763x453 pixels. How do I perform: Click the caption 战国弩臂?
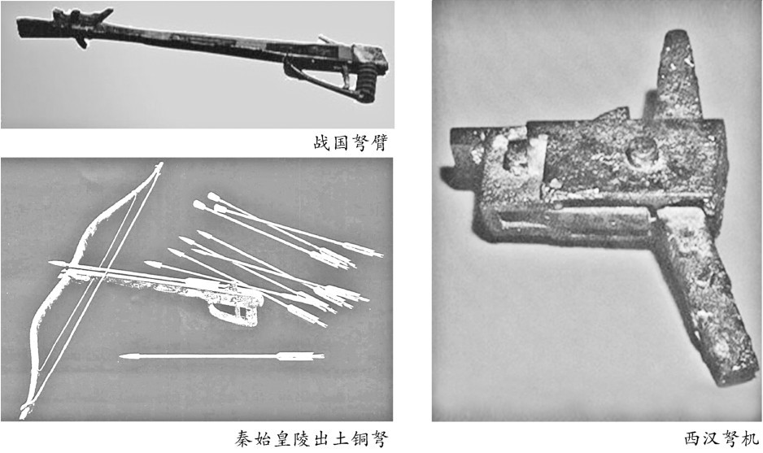[351, 143]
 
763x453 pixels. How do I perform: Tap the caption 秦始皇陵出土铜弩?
[312, 439]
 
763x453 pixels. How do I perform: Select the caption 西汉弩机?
[722, 439]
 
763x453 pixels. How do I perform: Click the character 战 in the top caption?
[321, 143]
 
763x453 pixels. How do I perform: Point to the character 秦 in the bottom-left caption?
[243, 439]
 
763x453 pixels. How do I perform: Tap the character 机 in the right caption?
[751, 439]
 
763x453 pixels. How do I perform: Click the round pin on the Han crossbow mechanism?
[642, 150]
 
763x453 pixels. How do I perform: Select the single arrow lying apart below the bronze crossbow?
[221, 357]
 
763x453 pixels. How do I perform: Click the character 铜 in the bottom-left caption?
[360, 439]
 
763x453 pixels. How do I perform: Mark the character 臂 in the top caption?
[379, 143]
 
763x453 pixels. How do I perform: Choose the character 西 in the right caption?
[693, 439]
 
